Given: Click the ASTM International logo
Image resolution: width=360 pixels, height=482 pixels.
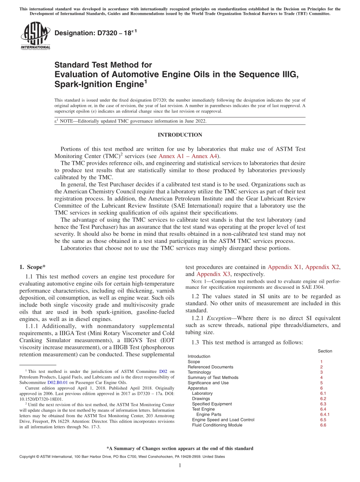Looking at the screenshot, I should coord(35,36).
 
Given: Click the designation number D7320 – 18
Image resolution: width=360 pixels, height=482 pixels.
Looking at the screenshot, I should coord(95,33).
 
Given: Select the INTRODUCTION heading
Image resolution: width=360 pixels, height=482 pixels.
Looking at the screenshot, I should coord(180,135).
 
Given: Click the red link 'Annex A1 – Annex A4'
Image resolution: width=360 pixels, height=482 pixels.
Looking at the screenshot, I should coord(188,156).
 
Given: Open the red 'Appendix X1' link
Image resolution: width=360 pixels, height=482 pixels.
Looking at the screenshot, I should coord(285,267).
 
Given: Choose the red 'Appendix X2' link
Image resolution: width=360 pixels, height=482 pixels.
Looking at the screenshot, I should coord(322,267).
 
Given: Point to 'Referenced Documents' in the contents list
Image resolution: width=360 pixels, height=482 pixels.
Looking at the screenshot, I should coord(210,367).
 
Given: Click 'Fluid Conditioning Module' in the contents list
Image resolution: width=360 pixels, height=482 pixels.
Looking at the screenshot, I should coord(217,425).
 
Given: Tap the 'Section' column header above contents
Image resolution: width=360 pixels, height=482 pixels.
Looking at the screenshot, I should coord(325,351).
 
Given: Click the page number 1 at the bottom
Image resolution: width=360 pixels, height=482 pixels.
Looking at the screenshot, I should coord(180,466).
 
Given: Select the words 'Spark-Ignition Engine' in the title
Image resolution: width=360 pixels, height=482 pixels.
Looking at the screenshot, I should coord(99,85).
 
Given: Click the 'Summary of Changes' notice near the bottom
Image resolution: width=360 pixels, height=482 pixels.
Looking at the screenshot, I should coord(180,449).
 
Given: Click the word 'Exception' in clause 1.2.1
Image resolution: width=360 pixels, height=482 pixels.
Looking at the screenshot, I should coord(221,318).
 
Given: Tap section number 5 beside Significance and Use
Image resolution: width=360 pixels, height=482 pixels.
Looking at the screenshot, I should coord(321,383).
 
